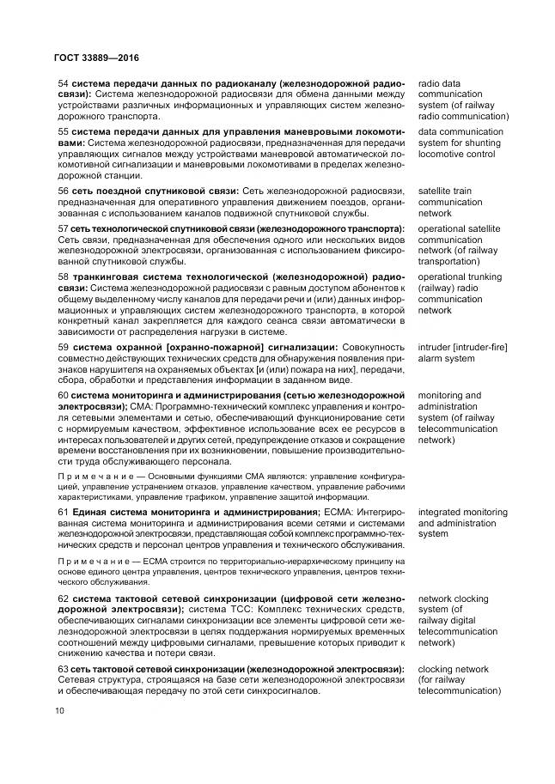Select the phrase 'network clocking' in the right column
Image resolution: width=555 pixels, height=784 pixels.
click(453, 599)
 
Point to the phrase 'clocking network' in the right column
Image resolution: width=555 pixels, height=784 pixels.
click(453, 668)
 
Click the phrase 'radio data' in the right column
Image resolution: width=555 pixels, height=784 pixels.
click(439, 82)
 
